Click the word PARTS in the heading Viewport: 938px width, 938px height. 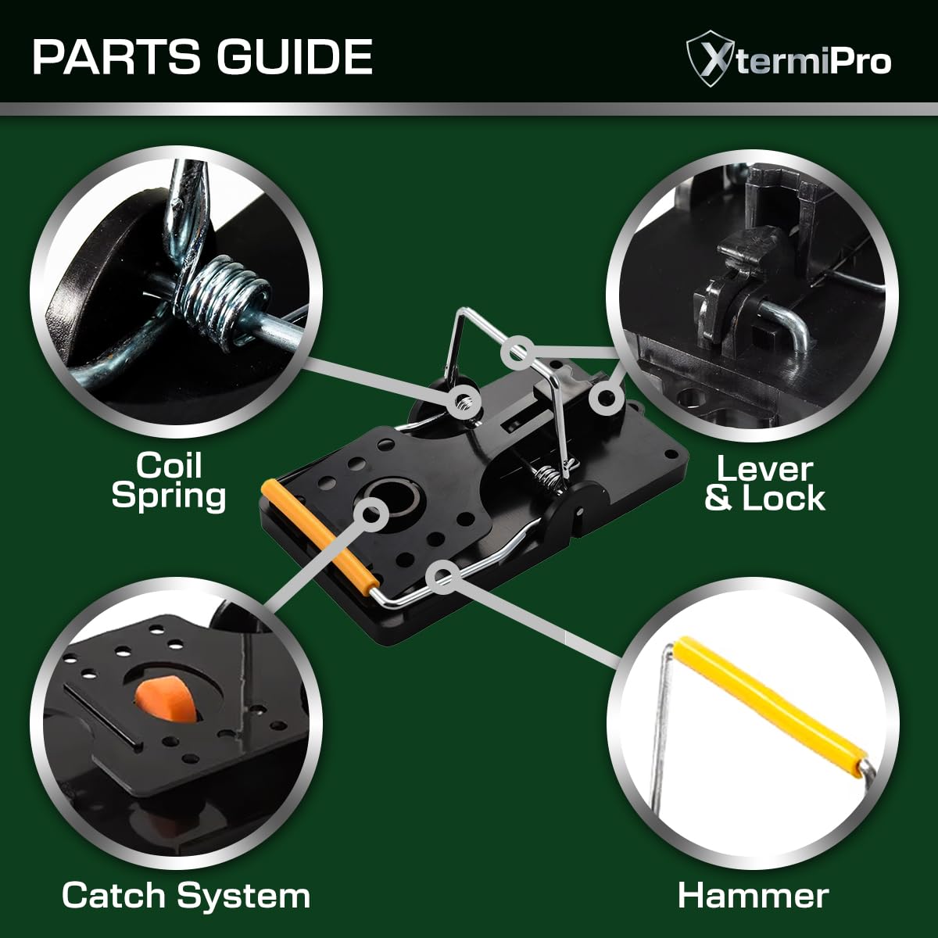(116, 56)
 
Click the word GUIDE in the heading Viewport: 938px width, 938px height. (295, 56)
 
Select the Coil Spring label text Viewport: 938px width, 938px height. (169, 481)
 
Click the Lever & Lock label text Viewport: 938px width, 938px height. (764, 485)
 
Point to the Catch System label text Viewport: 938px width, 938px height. (186, 895)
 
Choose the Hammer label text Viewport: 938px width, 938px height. (753, 896)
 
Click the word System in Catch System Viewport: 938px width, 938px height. (243, 895)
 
